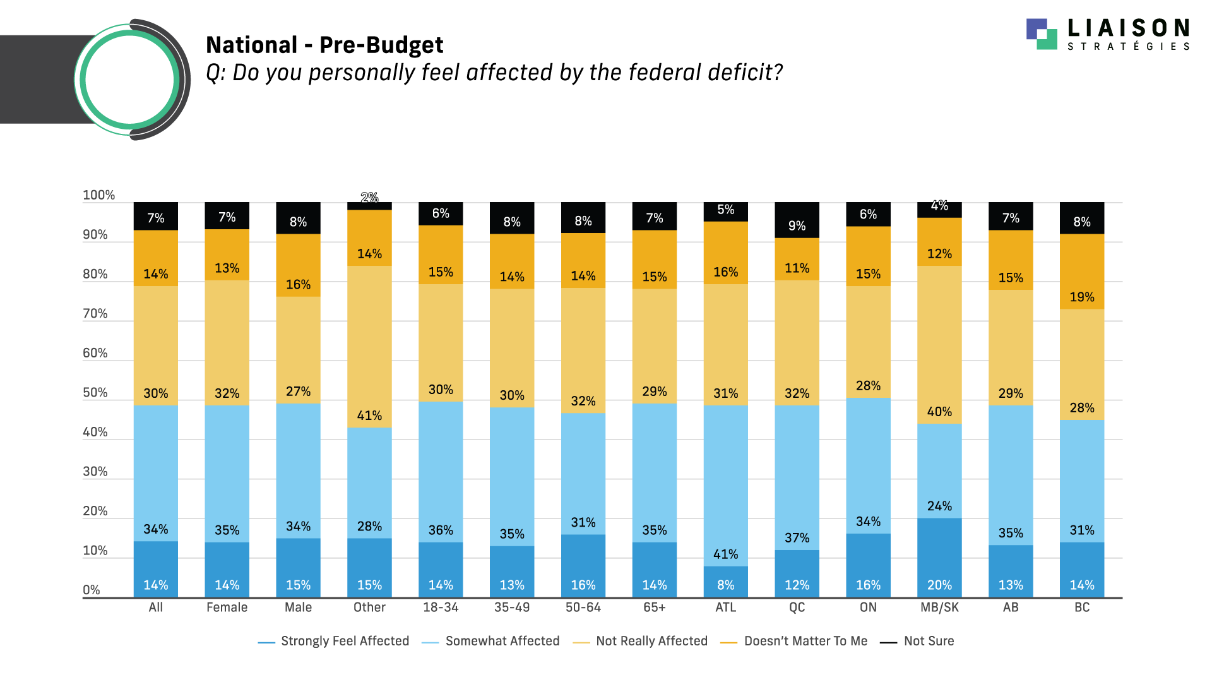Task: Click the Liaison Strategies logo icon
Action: point(1042,34)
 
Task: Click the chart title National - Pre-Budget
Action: point(324,45)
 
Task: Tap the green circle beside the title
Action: point(129,80)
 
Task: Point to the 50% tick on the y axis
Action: point(95,393)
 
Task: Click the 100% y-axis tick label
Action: point(99,195)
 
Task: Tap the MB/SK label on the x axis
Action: point(939,607)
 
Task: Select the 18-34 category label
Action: point(441,607)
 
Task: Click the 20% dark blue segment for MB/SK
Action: point(939,558)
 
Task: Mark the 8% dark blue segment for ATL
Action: point(726,582)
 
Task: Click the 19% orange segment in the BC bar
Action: point(1082,272)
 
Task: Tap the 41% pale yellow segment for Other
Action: point(369,347)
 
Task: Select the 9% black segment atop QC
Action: point(797,220)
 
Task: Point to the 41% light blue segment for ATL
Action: point(726,486)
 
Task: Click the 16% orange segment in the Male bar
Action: point(298,265)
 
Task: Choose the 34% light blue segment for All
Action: point(156,473)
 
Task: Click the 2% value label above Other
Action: point(369,198)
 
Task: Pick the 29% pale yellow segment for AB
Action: point(1011,347)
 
